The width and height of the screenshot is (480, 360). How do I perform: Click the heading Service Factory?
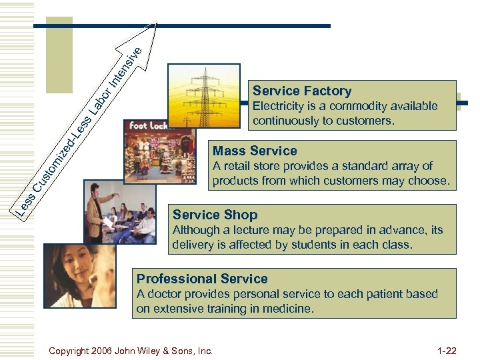point(302,91)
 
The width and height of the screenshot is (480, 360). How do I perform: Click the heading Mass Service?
point(255,151)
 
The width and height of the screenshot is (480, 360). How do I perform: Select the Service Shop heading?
point(215,215)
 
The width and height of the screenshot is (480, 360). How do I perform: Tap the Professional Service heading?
point(202,279)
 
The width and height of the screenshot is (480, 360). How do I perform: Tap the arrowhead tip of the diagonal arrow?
point(158,24)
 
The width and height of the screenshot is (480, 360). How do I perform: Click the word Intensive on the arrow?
point(125,67)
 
